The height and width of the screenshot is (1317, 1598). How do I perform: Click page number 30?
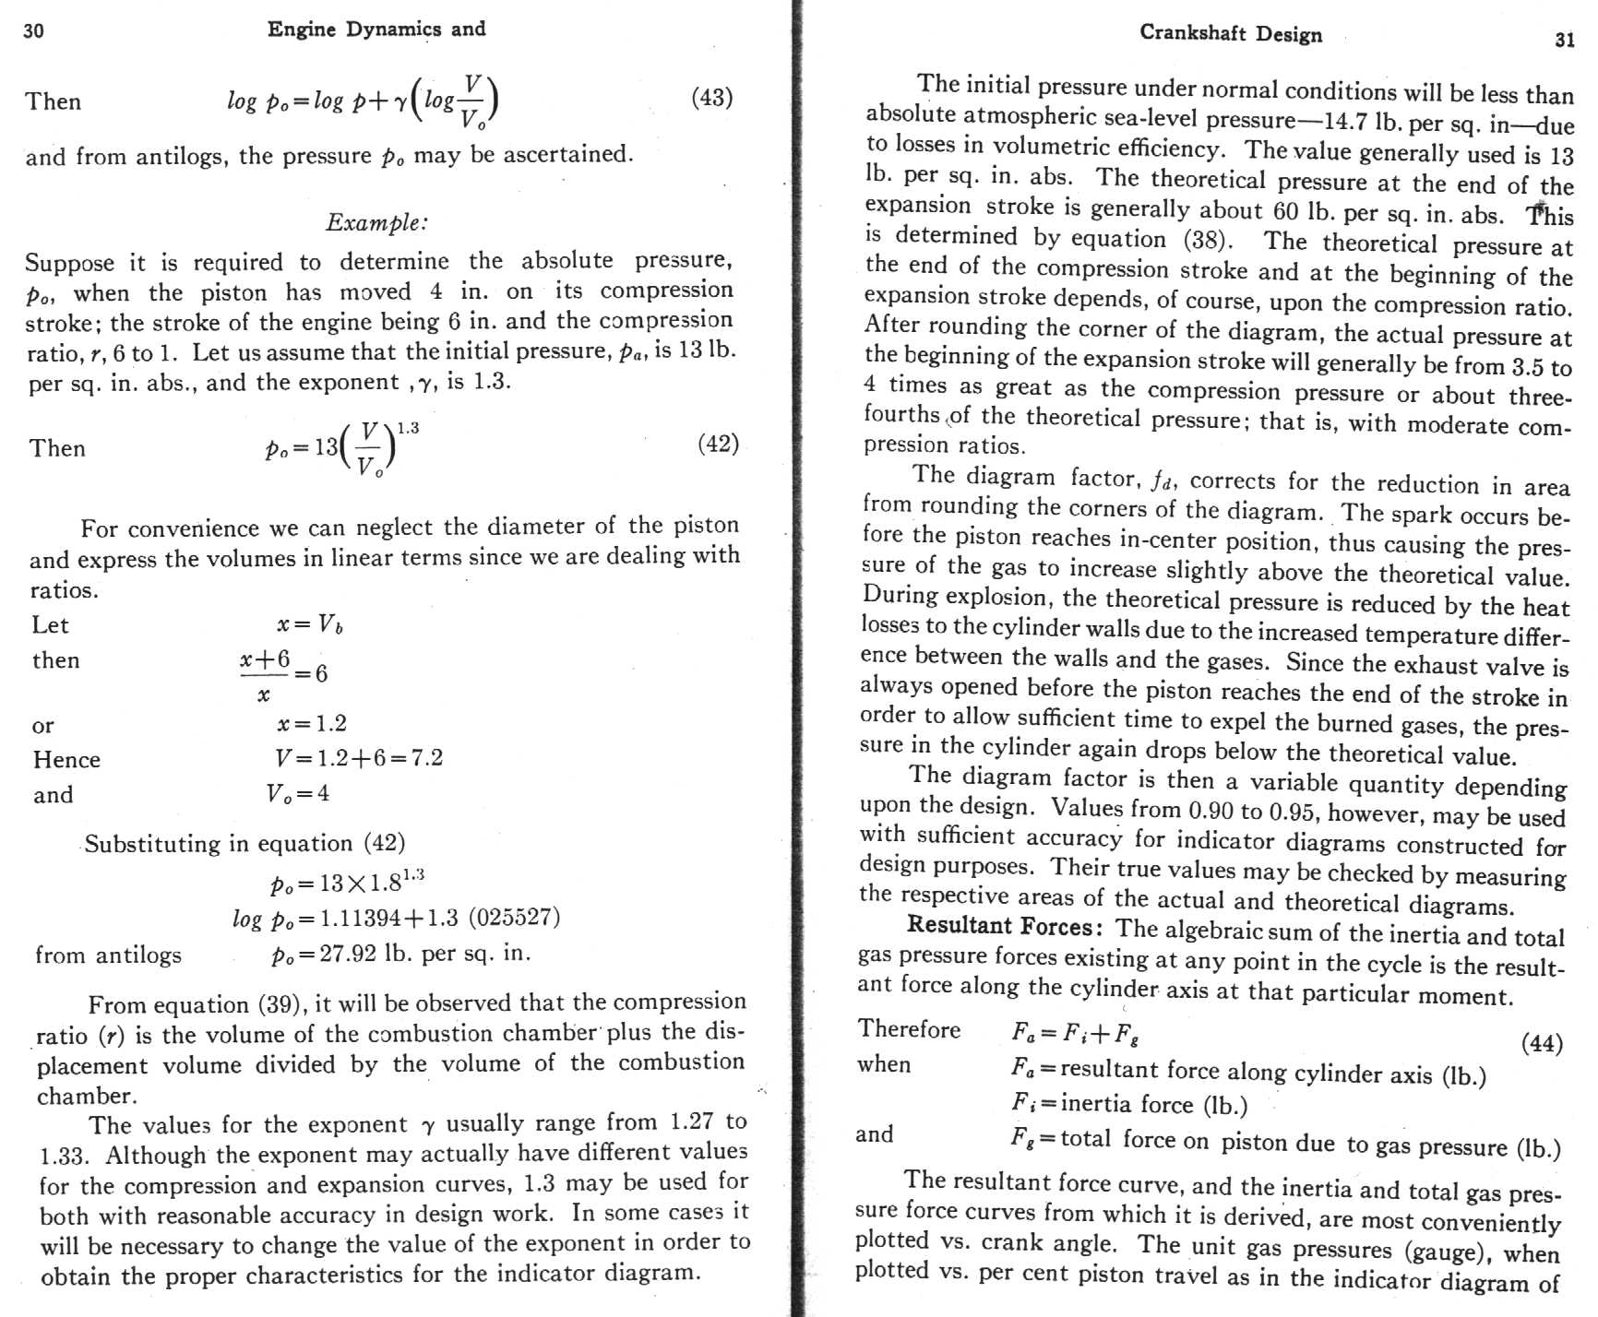coord(33,31)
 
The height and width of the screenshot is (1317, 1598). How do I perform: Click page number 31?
coord(1565,40)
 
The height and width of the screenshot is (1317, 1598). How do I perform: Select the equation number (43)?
coord(711,98)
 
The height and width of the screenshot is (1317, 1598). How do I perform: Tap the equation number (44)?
coord(1542,1043)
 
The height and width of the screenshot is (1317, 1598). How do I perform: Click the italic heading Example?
coord(376,222)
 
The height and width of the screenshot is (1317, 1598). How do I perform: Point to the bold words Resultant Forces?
coord(1005,925)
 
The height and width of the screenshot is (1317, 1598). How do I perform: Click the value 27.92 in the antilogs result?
coord(348,953)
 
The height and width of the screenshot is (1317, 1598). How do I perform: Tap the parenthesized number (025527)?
coord(514,918)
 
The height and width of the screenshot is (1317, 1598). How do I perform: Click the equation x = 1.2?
coord(312,724)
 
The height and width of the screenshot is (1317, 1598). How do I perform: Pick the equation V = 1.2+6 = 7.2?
coord(359,758)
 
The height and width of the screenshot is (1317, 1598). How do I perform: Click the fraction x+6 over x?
coord(265,675)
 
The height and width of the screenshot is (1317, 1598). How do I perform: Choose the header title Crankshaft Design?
coord(1231,33)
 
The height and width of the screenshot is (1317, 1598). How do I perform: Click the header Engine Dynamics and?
coord(376,30)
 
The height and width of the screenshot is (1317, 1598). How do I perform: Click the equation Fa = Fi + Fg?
coord(1075,1032)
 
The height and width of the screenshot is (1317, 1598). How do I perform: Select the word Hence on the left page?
coord(66,760)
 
